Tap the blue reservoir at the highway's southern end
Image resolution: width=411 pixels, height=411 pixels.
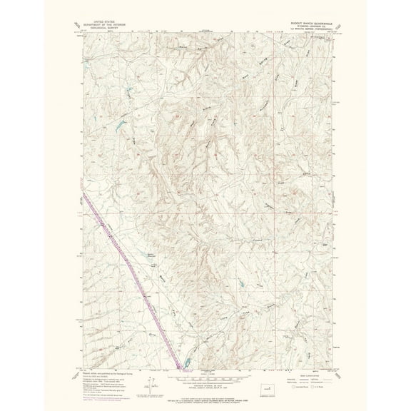[x=185, y=363]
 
